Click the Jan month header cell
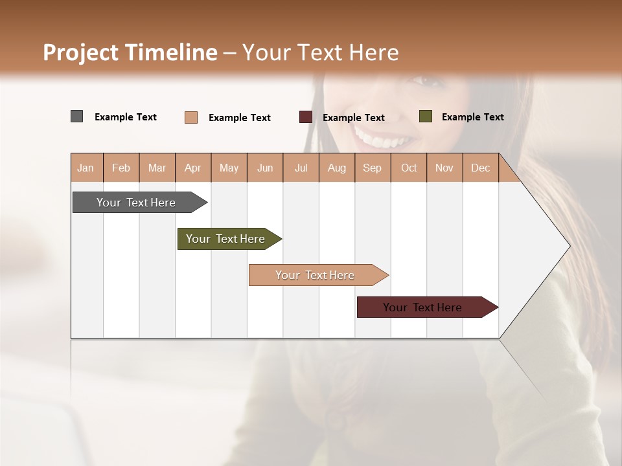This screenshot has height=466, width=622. click(86, 168)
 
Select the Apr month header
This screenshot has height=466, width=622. click(192, 168)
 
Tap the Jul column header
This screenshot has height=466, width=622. click(301, 168)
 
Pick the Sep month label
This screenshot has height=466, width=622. click(372, 168)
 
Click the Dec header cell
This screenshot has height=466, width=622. click(480, 168)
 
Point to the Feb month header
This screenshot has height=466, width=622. click(121, 168)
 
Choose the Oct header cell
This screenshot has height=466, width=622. click(409, 168)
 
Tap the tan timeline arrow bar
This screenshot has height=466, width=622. click(316, 275)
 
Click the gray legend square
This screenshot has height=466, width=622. click(76, 116)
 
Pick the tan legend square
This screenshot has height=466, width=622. click(191, 117)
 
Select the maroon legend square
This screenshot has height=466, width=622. click(306, 117)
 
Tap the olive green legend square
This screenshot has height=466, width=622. click(426, 116)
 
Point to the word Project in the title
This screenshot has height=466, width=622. click(80, 52)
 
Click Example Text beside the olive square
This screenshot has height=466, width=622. click(472, 116)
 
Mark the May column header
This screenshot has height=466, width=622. click(229, 168)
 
